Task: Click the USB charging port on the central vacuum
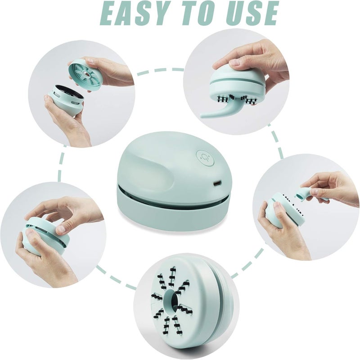click(217, 183)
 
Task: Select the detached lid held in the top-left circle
click(85, 74)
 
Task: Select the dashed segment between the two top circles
click(160, 71)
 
